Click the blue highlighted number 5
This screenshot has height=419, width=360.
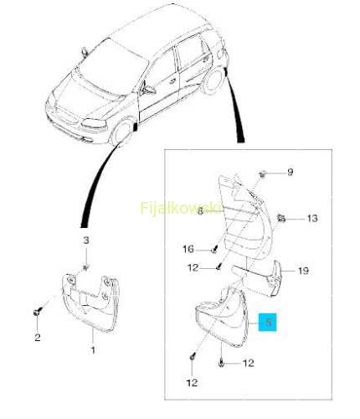[x=268, y=322]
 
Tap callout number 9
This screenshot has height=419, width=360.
[x=291, y=172]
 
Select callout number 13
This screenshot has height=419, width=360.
[x=312, y=218]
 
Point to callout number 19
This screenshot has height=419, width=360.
[x=303, y=271]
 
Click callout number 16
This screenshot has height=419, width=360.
[x=188, y=249]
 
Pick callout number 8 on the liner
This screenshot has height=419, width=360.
[x=200, y=211]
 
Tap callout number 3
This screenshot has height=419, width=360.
[x=86, y=241]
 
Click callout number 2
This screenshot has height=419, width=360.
[x=38, y=337]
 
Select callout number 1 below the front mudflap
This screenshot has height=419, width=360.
[x=93, y=349]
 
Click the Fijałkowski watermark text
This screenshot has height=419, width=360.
[x=181, y=208]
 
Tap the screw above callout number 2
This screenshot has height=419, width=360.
[x=38, y=312]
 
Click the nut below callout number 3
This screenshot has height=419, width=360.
[x=85, y=267]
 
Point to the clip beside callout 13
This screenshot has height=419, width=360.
[x=281, y=218]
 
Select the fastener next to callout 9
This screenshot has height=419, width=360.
[x=262, y=174]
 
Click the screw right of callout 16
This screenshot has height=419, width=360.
[x=214, y=250]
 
